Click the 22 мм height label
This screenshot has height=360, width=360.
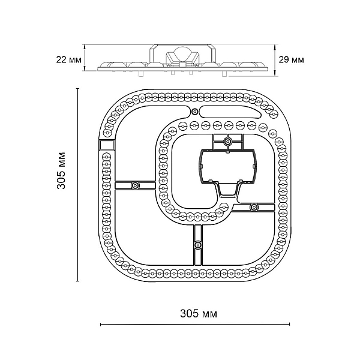pos(68,60)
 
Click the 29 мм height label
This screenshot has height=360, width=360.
pos(291,60)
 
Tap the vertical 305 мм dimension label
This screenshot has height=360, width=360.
pos(61,170)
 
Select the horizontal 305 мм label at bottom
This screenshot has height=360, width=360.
pos(199,313)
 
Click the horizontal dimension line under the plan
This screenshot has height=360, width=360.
pos(195,324)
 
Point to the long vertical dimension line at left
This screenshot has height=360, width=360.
pos(78,185)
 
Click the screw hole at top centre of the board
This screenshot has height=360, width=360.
pos(194,112)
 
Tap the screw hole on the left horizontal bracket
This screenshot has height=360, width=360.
pos(135,185)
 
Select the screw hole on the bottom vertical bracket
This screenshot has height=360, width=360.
pos(197,245)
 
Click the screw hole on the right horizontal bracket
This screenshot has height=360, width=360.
pos(254,208)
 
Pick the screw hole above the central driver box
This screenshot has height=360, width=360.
pos(228,142)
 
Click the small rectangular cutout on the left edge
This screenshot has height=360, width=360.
pos(107,145)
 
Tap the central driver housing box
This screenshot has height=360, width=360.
pos(227,166)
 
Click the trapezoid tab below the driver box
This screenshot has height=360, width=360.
pos(227,190)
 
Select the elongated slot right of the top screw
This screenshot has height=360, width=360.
pos(230,112)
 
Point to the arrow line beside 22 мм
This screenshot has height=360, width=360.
pos(85,58)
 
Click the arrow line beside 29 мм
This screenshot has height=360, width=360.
pos(275,60)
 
